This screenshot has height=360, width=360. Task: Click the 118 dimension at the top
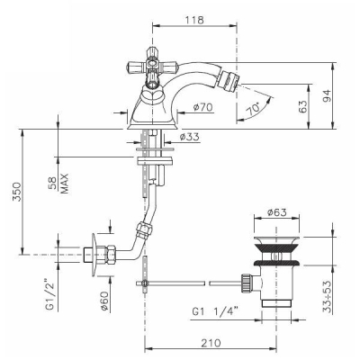[194, 20]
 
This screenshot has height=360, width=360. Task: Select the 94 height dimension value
[328, 95]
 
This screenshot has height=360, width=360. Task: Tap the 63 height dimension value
[303, 106]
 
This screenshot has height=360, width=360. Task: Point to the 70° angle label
[253, 109]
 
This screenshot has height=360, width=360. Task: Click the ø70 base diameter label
[203, 106]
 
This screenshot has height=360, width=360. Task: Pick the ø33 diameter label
[189, 137]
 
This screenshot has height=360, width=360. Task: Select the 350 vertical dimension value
[17, 192]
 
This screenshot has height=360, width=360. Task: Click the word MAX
[64, 184]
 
